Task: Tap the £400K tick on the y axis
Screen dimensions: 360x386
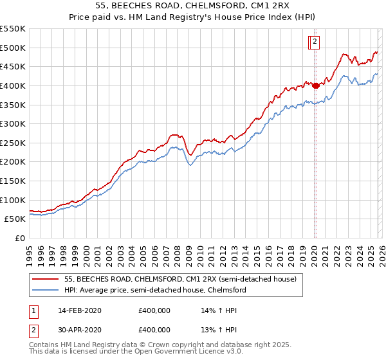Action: [13, 85]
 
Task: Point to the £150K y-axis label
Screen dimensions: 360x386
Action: [13, 181]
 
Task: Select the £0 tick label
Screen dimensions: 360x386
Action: [19, 239]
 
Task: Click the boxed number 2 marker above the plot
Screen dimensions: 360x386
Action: [315, 43]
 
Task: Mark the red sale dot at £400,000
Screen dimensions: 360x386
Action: [315, 85]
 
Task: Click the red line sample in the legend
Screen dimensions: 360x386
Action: [45, 280]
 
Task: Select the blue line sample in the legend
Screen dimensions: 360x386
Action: [45, 291]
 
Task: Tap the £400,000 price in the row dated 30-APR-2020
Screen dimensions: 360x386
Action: [154, 329]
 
